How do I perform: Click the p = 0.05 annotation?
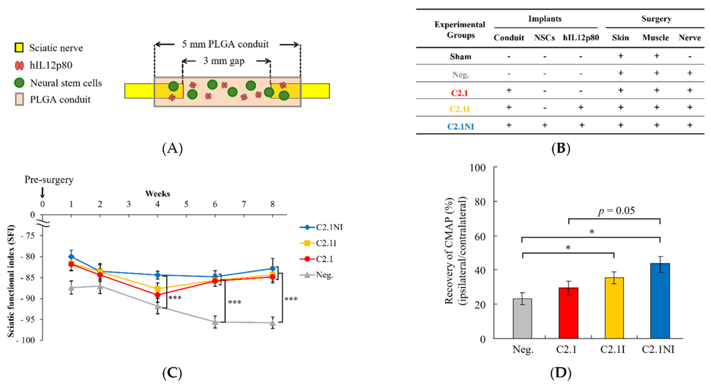[x=616, y=211]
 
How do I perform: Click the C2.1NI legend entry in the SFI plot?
[x=321, y=227]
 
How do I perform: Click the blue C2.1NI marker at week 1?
[x=71, y=257]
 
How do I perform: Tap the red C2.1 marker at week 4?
[x=158, y=295]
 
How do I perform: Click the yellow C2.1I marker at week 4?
[x=158, y=289]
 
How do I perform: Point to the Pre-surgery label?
[x=49, y=180]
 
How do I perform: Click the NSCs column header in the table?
[x=544, y=38]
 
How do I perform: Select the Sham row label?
[x=460, y=57]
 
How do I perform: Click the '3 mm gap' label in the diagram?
[x=224, y=61]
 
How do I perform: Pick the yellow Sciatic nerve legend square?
[x=19, y=48]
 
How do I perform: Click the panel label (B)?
[x=560, y=148]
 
